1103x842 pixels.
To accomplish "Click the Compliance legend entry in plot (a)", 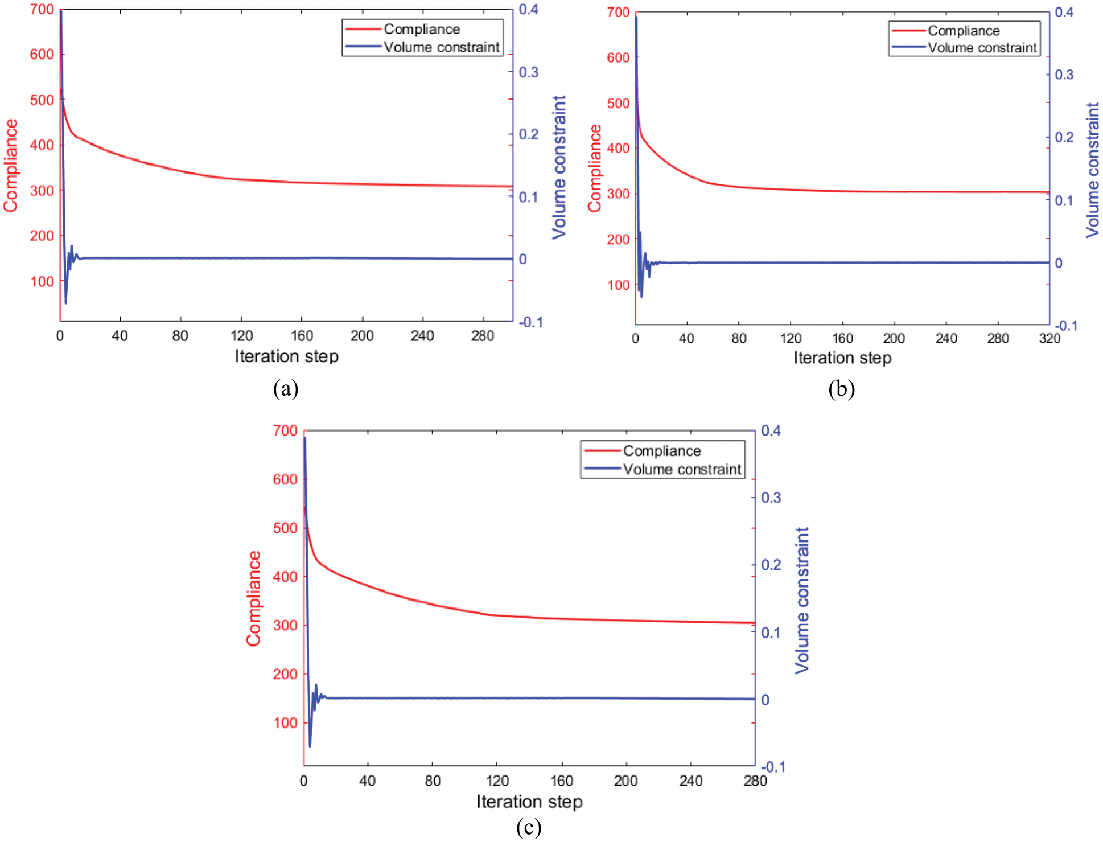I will pos(421,29).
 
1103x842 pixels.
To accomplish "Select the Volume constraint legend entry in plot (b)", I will pos(982,48).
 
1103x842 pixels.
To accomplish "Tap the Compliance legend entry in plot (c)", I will pos(661,451).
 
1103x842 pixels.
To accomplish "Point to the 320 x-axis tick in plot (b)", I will pos(1049,339).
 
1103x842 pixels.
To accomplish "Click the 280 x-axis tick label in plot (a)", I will pos(482,336).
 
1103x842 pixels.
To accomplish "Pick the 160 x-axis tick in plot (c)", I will pos(561,781).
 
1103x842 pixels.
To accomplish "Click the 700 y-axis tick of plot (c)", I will pos(285,431).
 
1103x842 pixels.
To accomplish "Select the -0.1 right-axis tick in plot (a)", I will pos(530,322).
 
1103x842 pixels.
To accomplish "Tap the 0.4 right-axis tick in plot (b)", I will pos(1064,13).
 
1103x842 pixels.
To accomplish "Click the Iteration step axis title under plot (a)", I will pos(286,356).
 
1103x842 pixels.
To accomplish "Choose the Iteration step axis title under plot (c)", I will pos(529,802).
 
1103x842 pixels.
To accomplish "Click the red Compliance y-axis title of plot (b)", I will pos(595,168).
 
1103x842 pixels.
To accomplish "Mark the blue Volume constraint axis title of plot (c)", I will pos(801,600).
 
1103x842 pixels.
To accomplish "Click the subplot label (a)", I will pos(285,389).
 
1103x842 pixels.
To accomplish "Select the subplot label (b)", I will pos(841,389).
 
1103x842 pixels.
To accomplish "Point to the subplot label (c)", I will pos(528,827).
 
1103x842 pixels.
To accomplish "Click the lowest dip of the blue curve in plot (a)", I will pos(65,303).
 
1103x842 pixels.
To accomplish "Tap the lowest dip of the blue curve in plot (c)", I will pos(310,746).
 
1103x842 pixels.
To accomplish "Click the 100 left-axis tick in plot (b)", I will pos(618,285).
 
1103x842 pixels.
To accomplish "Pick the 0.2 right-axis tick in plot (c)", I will pos(771,565).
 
